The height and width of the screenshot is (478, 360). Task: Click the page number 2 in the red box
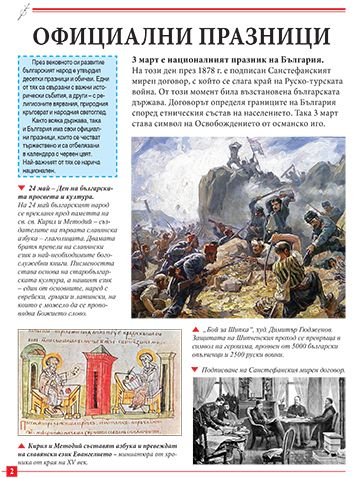pos(8,470)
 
